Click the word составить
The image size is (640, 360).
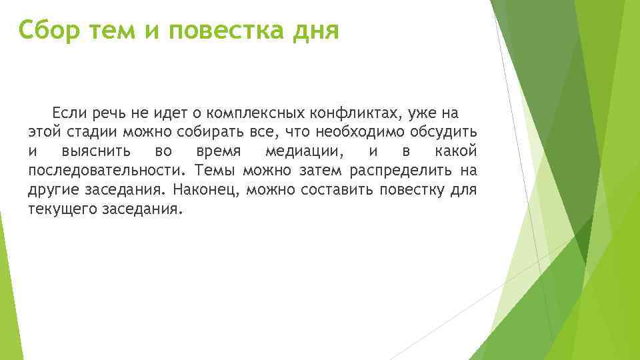[336, 189]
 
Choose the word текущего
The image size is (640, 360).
[61, 209]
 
